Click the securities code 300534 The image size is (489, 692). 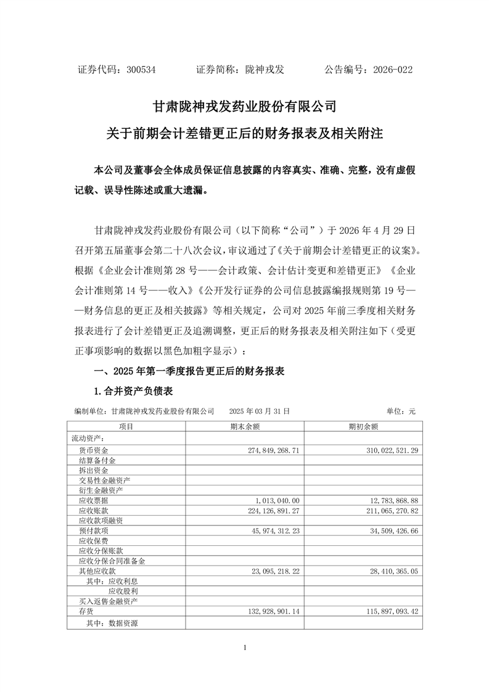(x=140, y=70)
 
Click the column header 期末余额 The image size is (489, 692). (x=244, y=426)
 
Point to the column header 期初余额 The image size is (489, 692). (x=363, y=426)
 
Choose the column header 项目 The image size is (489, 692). (x=126, y=426)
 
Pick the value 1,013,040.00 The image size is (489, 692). (x=277, y=500)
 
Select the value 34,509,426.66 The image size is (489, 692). (x=392, y=530)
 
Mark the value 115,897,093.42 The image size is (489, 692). (x=390, y=611)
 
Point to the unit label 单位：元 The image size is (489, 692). (x=401, y=411)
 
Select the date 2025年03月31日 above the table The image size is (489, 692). (x=259, y=411)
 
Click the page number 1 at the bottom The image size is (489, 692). (x=245, y=647)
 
